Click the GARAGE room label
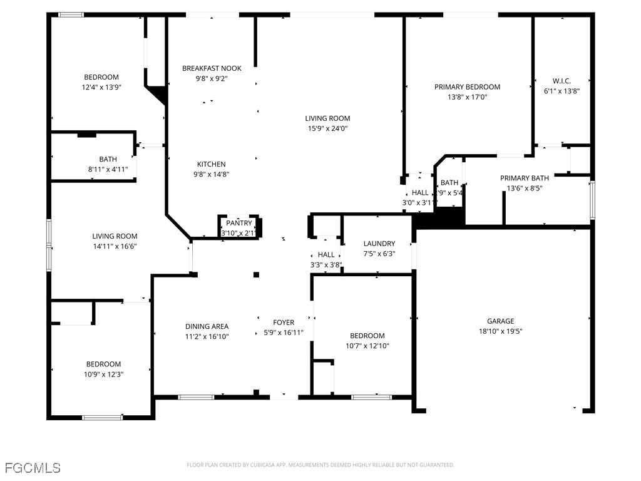[x=500, y=321]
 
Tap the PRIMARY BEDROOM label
[x=467, y=87]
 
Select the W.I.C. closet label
[x=562, y=81]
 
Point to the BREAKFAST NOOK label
[x=212, y=68]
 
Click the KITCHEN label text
[x=212, y=164]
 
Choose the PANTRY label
[x=239, y=223]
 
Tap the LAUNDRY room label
[x=379, y=244]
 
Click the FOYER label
[x=283, y=323]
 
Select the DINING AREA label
[x=207, y=326]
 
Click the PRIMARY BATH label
[x=524, y=178]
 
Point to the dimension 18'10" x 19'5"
[x=500, y=331]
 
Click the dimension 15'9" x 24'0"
[x=327, y=128]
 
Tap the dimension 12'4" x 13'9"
[x=101, y=88]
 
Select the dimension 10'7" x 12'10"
[x=367, y=346]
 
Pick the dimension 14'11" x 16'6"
[x=115, y=246]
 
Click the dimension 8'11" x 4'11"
[x=107, y=169]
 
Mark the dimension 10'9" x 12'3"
[x=103, y=374]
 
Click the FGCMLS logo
[x=33, y=468]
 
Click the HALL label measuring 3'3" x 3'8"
[x=326, y=255]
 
